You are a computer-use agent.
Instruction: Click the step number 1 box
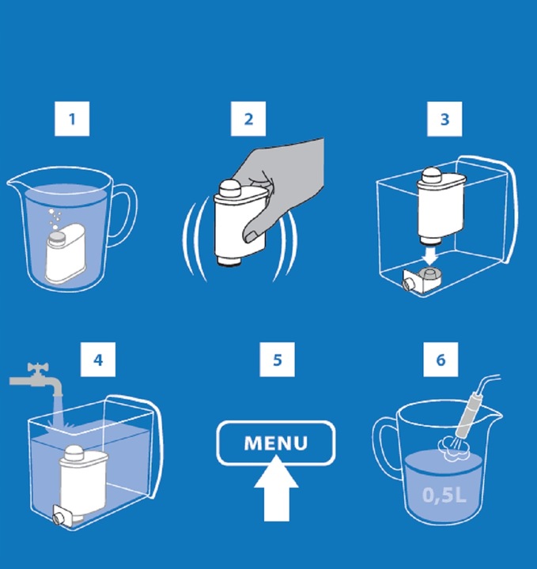pyautogui.click(x=72, y=119)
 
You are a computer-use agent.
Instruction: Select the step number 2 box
pyautogui.click(x=248, y=119)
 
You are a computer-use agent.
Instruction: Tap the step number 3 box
pyautogui.click(x=444, y=119)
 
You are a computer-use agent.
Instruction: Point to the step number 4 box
pyautogui.click(x=97, y=360)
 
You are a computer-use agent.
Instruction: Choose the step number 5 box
pyautogui.click(x=277, y=360)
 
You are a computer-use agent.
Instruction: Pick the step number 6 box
pyautogui.click(x=441, y=360)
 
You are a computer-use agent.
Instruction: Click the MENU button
pyautogui.click(x=276, y=443)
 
